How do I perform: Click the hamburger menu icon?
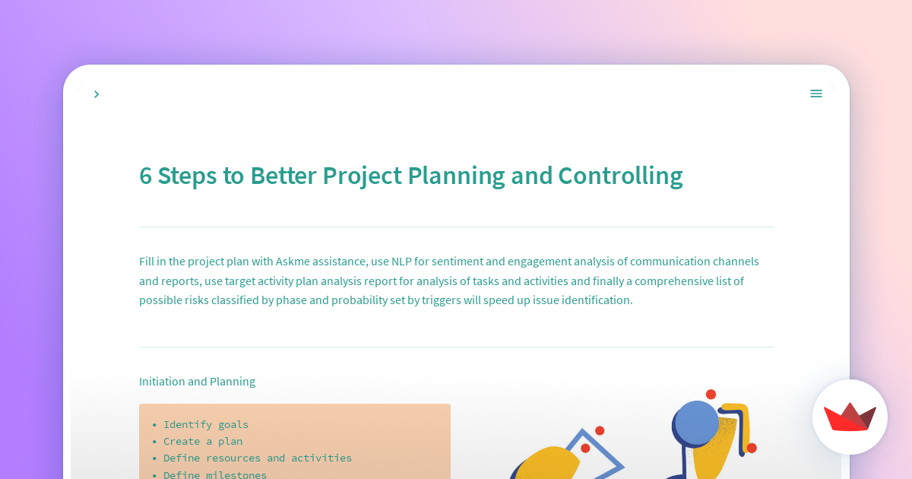tap(816, 94)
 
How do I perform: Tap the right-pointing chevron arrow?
tap(97, 94)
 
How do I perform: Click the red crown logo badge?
tap(850, 417)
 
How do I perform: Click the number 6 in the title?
tap(145, 176)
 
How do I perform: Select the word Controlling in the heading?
tap(620, 176)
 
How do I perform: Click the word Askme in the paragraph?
tap(293, 261)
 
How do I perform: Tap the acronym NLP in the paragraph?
tap(401, 261)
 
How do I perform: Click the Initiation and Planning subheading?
tap(197, 381)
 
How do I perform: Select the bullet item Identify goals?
tap(206, 424)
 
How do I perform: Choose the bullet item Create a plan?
tap(203, 441)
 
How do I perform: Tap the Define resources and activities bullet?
tap(258, 458)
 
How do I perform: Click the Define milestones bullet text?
tap(215, 474)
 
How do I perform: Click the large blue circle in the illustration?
tap(695, 423)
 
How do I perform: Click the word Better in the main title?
tap(283, 176)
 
